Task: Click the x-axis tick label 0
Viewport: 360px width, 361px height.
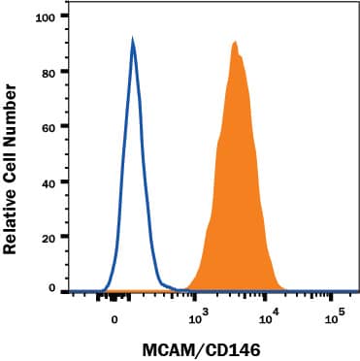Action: [x=115, y=318]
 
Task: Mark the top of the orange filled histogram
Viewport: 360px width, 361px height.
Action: [x=235, y=42]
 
